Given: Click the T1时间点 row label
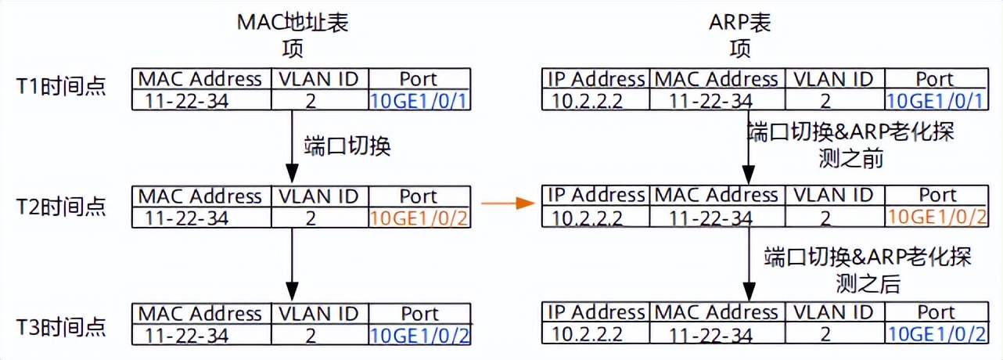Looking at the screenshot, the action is pos(61,87).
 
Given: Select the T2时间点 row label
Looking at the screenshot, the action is pos(61,206).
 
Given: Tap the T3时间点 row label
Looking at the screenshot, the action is pos(61,326).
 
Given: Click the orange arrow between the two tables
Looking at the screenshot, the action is pos(506,205).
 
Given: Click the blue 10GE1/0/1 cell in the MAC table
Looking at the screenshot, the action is pos(419,100).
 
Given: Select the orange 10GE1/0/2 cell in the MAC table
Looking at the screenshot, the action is pos(419,218).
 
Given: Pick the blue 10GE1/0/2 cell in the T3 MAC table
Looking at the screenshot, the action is pos(419,335).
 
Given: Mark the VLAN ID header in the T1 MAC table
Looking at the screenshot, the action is pos(318,78).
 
